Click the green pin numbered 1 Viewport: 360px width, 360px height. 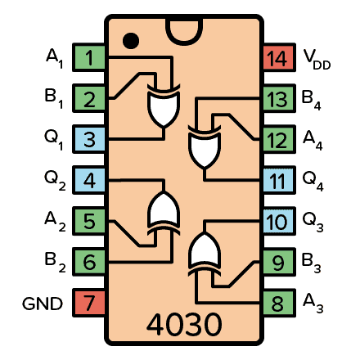(89, 58)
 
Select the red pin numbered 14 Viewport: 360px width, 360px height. (277, 58)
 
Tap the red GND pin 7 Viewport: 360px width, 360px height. (89, 304)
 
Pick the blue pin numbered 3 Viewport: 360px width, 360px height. (89, 140)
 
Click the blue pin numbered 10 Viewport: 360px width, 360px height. (277, 222)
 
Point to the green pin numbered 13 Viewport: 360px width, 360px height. (277, 99)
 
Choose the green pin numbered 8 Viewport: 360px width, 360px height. (277, 304)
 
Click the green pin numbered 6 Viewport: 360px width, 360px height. (89, 263)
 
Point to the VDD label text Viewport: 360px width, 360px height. (318, 59)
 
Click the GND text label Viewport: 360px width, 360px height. (42, 304)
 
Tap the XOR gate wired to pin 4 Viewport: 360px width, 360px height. (161, 213)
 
